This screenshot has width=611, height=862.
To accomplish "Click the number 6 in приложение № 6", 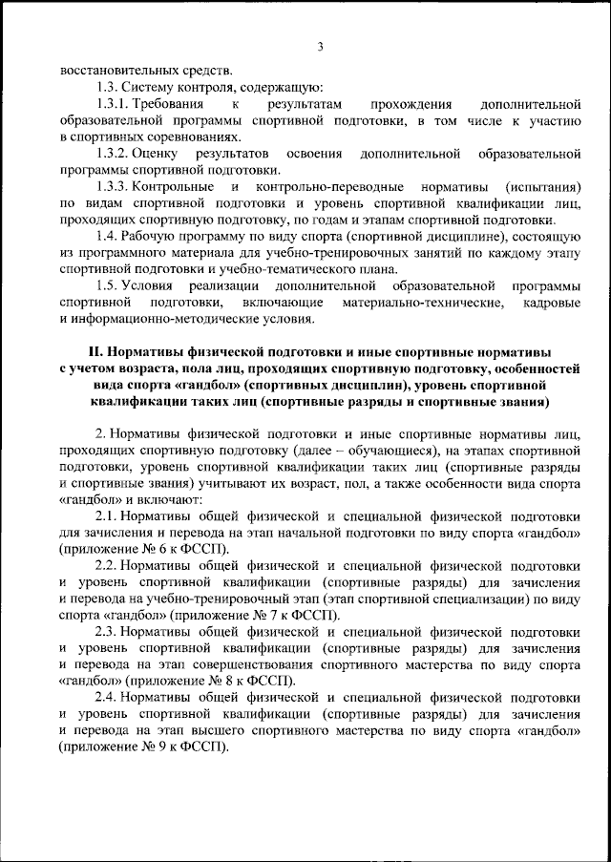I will pyautogui.click(x=157, y=551).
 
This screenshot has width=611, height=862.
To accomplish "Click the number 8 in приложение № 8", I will pyautogui.click(x=242, y=683).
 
